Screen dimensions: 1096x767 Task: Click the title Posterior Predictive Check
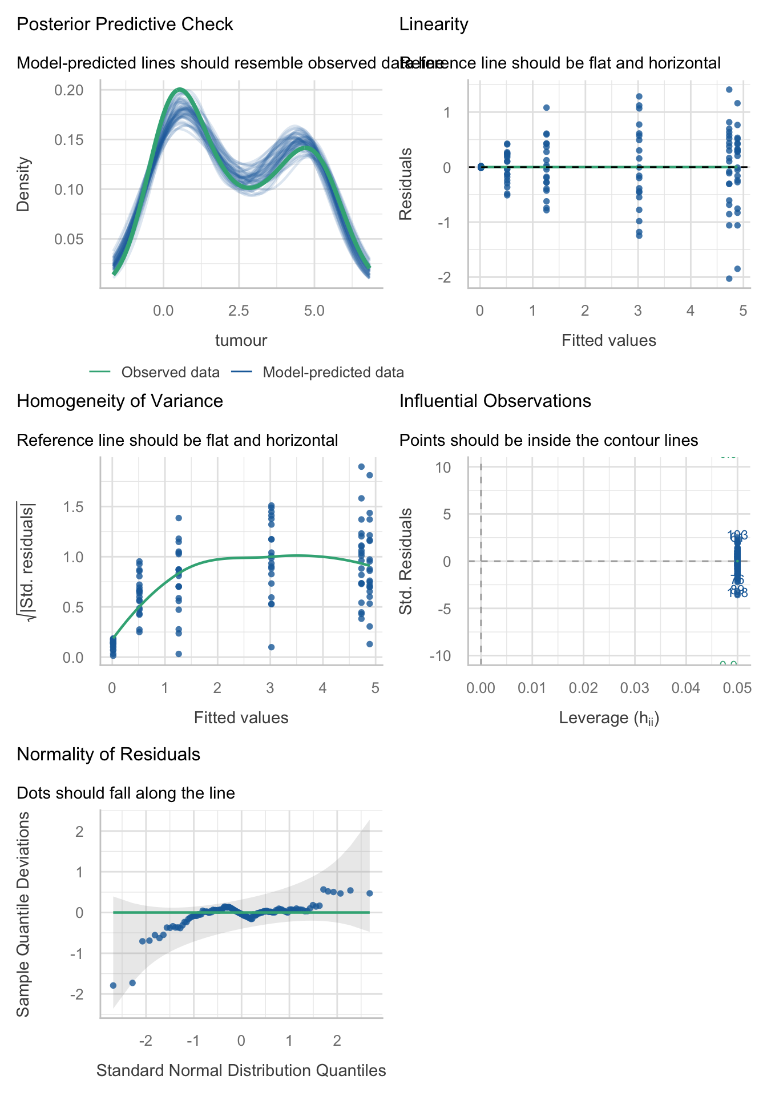click(x=125, y=25)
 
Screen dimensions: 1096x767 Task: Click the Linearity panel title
click(x=434, y=25)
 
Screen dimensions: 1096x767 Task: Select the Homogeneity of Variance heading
click(x=120, y=401)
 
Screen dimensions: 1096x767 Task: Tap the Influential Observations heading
click(x=495, y=401)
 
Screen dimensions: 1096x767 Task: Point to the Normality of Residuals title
click(x=108, y=755)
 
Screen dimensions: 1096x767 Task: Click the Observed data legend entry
click(x=170, y=373)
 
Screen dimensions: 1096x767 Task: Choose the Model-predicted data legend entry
click(x=333, y=373)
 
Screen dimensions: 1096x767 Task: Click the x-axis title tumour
click(x=241, y=341)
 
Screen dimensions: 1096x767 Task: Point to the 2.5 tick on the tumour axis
click(x=239, y=311)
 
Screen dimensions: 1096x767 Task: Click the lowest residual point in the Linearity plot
click(x=729, y=279)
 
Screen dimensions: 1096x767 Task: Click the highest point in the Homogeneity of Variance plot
click(x=361, y=466)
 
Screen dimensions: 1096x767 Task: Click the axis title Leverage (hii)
click(x=609, y=718)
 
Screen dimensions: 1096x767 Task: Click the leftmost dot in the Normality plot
click(x=113, y=985)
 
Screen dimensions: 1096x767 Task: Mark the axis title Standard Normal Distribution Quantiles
click(x=241, y=1071)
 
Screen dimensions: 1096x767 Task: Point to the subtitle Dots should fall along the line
click(x=126, y=793)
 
